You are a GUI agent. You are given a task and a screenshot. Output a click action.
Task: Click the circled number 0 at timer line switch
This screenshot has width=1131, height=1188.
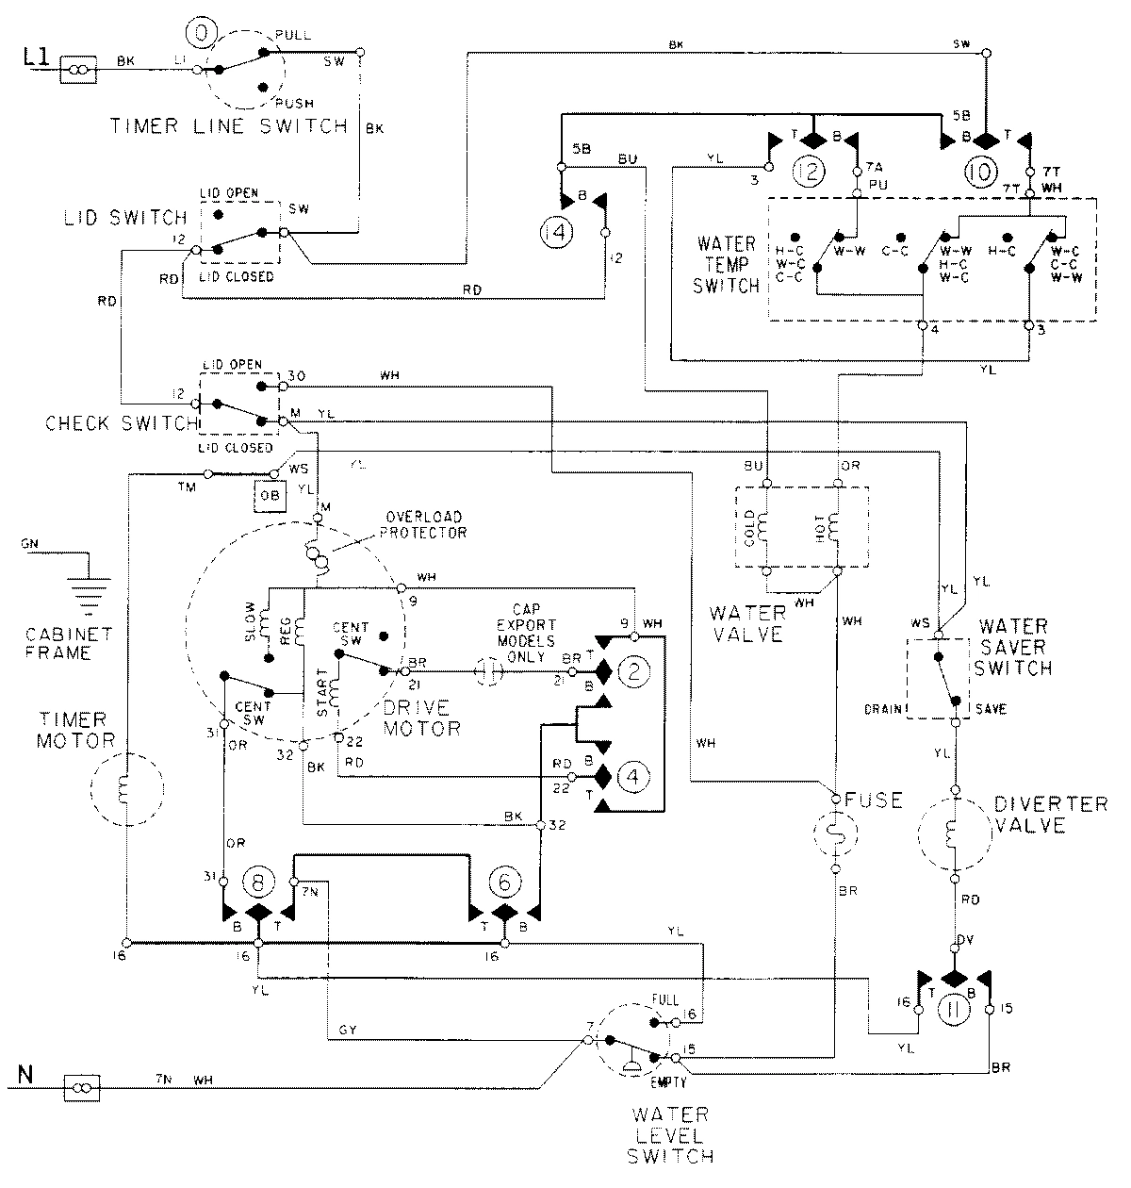(201, 38)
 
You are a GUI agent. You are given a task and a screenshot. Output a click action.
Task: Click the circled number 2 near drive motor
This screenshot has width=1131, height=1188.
(634, 671)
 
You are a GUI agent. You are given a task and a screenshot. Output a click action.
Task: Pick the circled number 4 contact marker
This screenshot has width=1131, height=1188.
(634, 777)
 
